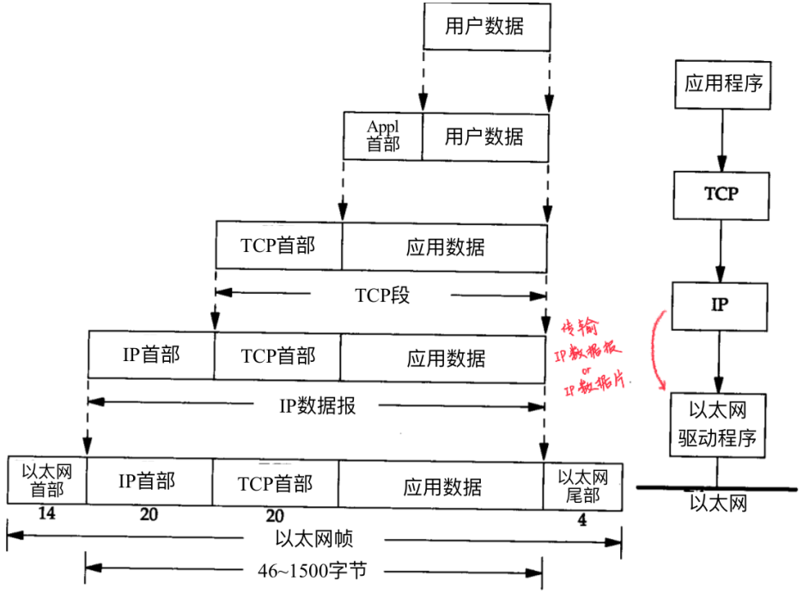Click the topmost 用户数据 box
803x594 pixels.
485,25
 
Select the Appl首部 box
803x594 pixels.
383,136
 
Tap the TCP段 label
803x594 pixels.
382,296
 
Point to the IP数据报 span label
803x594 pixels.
317,405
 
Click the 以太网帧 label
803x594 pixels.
314,538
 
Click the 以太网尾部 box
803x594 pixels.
583,486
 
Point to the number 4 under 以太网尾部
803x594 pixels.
583,519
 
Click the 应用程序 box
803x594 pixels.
723,84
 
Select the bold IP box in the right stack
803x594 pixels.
721,305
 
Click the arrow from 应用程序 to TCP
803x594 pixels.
722,139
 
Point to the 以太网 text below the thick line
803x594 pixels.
719,502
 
